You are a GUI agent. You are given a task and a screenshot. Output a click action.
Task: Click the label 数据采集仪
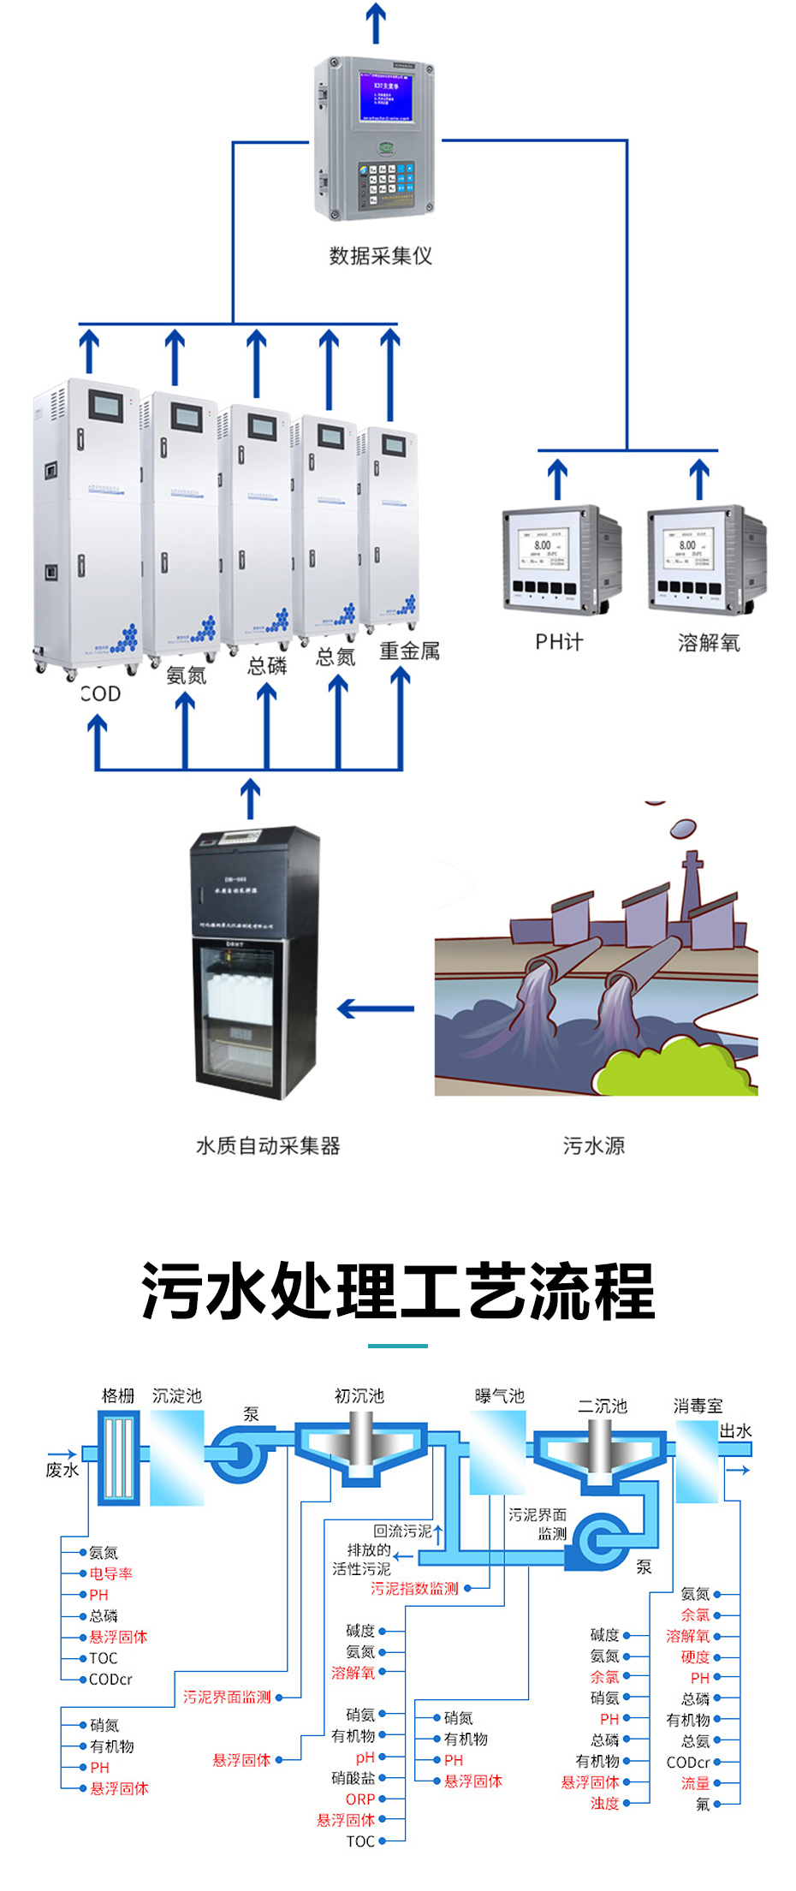[x=380, y=256]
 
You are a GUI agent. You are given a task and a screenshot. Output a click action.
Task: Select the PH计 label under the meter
[x=559, y=642]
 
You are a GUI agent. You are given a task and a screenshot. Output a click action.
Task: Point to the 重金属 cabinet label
[x=409, y=651]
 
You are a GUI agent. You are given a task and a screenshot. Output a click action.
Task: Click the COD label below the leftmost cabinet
[x=101, y=694]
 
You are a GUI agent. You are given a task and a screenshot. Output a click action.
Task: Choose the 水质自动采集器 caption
[x=268, y=1145]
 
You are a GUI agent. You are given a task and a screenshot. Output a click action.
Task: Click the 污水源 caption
[x=593, y=1145]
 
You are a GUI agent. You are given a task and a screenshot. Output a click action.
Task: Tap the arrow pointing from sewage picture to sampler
[x=376, y=1008]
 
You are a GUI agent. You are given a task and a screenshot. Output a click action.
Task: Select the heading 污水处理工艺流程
[x=398, y=1291]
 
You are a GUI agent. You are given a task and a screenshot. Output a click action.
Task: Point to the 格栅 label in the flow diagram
[x=118, y=1396]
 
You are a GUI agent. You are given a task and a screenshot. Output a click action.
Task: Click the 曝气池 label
[x=499, y=1396]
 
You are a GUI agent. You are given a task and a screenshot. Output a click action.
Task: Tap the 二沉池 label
[x=603, y=1406]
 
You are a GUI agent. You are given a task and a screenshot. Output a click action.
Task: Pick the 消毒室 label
[x=698, y=1406]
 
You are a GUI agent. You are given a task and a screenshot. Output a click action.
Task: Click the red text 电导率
[x=110, y=1573]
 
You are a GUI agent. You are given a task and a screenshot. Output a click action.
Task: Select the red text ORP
[x=360, y=1799]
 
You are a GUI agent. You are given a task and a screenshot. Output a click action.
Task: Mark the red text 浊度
[x=604, y=1803]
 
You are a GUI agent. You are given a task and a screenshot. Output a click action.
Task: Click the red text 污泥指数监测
[x=414, y=1589]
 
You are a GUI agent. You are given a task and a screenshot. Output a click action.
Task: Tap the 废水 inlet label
[x=62, y=1470]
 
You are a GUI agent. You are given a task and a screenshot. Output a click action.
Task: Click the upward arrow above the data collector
[x=376, y=22]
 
